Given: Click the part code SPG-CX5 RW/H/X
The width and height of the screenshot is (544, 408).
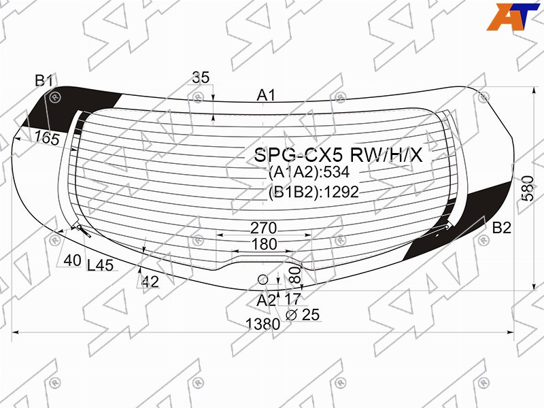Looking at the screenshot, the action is point(338,155).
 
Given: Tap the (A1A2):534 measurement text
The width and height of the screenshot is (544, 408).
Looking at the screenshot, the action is point(309,173).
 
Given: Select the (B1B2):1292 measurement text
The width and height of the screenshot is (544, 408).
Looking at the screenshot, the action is point(313,192).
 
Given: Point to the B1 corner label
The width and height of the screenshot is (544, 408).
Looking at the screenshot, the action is point(44,81).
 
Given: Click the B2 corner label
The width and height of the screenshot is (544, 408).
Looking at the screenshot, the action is point(502,228).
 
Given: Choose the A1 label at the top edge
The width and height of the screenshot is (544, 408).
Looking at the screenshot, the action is point(266,95).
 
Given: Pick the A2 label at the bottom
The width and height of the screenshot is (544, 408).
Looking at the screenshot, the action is point(266,301).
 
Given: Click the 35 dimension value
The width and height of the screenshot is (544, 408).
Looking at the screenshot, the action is point(201,78).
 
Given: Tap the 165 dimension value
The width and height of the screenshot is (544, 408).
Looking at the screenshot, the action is point(47,139).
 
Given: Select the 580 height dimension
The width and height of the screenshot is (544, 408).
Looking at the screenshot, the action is point(528,188).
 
